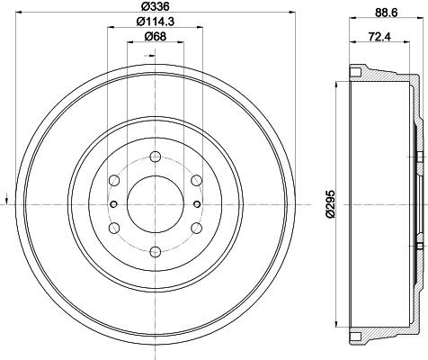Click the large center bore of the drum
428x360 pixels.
[152, 203]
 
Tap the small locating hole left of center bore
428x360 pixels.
[113, 203]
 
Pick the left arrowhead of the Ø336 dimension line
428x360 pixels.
[11, 14]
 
